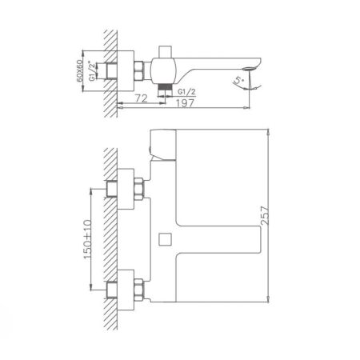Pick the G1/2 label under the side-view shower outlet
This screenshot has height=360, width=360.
[x=186, y=90]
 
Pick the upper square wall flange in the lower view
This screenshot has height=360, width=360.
[x=119, y=189]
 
